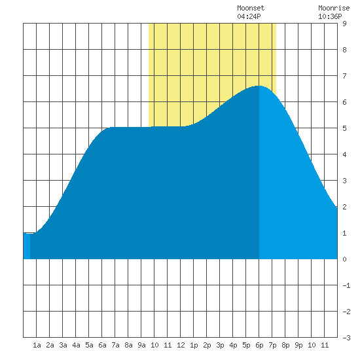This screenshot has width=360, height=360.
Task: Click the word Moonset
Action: pos(251,8)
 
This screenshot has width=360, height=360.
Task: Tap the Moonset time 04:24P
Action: pos(249,16)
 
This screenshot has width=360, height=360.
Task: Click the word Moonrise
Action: pos(334,8)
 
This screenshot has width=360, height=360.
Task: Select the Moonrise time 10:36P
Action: pos(330,16)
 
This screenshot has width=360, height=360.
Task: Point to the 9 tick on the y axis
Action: pos(344,24)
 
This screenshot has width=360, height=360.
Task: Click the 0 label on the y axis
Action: pos(344,259)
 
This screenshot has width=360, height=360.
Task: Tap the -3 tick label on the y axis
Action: pos(346,338)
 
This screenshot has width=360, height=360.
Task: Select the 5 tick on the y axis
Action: pos(344,128)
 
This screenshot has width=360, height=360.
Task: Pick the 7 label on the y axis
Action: pos(344,76)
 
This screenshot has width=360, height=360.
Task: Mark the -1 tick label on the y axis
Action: pos(346,285)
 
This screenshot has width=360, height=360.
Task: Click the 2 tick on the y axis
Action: pos(344,207)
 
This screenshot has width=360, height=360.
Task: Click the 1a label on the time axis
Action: pos(37,345)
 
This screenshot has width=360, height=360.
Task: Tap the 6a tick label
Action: pos(102,345)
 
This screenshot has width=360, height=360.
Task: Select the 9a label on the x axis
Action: pos(141,345)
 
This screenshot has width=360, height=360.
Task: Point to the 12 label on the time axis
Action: pos(181,345)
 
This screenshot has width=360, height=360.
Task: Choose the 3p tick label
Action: pos(220,345)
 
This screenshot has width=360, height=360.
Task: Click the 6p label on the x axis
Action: pos(259,345)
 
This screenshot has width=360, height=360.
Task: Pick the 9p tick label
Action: pos(298,345)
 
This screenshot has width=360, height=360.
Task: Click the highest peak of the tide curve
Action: pos(259,86)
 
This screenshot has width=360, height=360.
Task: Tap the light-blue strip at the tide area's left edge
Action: pos(27,246)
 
